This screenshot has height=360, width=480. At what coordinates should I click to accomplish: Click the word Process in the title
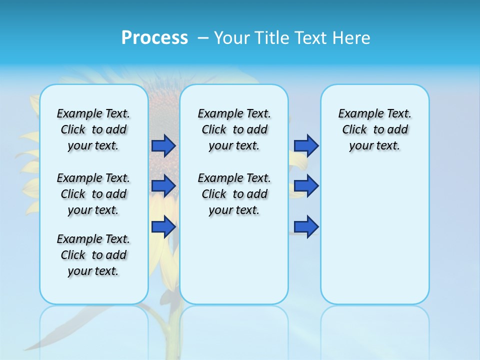tap(154, 38)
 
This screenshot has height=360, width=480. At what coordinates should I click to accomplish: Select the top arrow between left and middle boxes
tap(163, 145)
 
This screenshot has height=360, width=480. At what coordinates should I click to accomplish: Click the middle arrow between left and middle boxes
tap(163, 186)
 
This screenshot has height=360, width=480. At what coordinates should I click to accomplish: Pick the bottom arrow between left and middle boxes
tap(163, 226)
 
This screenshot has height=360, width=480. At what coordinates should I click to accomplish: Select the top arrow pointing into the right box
tap(306, 145)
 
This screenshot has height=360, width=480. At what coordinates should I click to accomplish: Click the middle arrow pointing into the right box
tap(306, 186)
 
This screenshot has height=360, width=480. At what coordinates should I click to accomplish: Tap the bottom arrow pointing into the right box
tap(306, 226)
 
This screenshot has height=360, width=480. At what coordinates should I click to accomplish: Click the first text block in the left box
tap(93, 129)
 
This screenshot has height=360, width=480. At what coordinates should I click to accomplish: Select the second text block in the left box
tap(93, 194)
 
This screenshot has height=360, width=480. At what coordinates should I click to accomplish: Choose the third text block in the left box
tap(93, 255)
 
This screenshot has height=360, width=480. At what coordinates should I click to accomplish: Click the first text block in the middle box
tap(234, 129)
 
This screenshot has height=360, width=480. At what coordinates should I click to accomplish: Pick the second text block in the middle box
tap(234, 194)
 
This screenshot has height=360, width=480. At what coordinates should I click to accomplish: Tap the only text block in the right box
tap(374, 129)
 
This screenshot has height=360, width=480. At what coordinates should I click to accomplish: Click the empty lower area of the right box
tap(374, 240)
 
